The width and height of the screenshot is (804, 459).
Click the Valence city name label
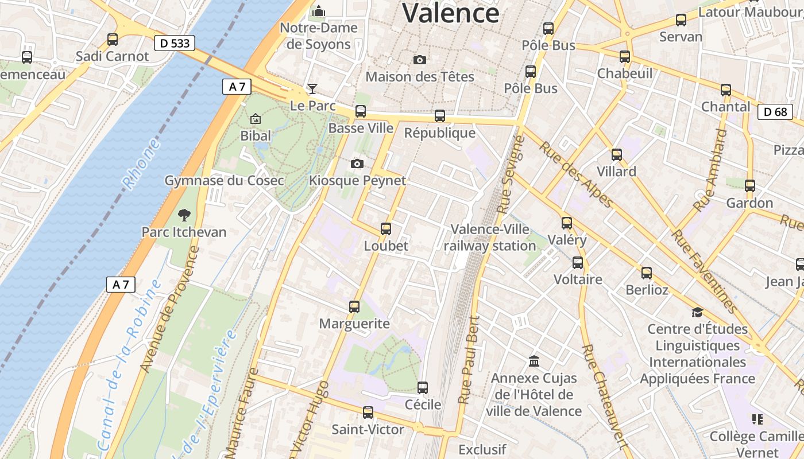tap(450, 13)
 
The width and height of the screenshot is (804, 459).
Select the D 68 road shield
tap(775, 112)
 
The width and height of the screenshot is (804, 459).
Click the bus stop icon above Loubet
tap(386, 229)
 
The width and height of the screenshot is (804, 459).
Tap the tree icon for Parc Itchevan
tap(184, 215)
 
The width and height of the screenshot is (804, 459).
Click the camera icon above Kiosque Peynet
tap(357, 164)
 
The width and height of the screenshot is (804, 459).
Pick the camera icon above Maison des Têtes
tap(420, 60)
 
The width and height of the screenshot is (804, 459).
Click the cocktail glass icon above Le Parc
tap(312, 88)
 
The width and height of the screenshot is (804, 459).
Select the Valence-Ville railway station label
tap(490, 238)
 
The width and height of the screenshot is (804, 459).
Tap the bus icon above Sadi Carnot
tap(113, 40)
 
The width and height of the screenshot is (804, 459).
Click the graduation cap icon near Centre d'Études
tap(697, 312)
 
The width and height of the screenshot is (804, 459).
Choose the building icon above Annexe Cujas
tap(534, 361)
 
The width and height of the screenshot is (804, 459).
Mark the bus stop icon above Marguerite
tap(354, 307)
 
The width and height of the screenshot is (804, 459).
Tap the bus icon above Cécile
tap(423, 388)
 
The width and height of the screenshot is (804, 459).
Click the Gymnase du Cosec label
tap(224, 181)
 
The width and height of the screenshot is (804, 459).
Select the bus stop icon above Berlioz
tap(647, 273)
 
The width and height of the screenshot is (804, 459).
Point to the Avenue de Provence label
tap(169, 309)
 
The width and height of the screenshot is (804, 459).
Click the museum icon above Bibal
tap(256, 119)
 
